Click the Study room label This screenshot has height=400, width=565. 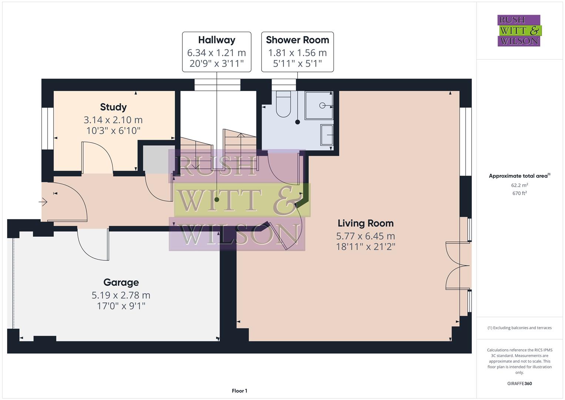point(113,107)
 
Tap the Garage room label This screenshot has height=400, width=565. point(121,282)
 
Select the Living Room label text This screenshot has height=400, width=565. point(365,223)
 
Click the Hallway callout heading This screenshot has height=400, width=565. point(216,40)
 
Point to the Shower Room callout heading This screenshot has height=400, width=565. point(297,40)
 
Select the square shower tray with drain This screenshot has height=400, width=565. point(319,106)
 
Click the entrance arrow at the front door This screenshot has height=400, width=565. point(43,202)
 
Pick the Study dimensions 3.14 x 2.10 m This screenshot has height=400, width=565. point(113,120)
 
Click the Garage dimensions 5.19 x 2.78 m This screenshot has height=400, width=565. point(121,295)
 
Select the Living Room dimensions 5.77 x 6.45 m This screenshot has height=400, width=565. point(365,236)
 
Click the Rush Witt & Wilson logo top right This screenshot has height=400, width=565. point(519,31)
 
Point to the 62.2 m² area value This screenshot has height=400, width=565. point(519,185)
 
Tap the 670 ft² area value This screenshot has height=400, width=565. point(519,193)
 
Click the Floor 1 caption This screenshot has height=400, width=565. point(239,391)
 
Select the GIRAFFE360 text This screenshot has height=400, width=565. point(519,383)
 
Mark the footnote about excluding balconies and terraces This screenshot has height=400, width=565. point(519,328)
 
